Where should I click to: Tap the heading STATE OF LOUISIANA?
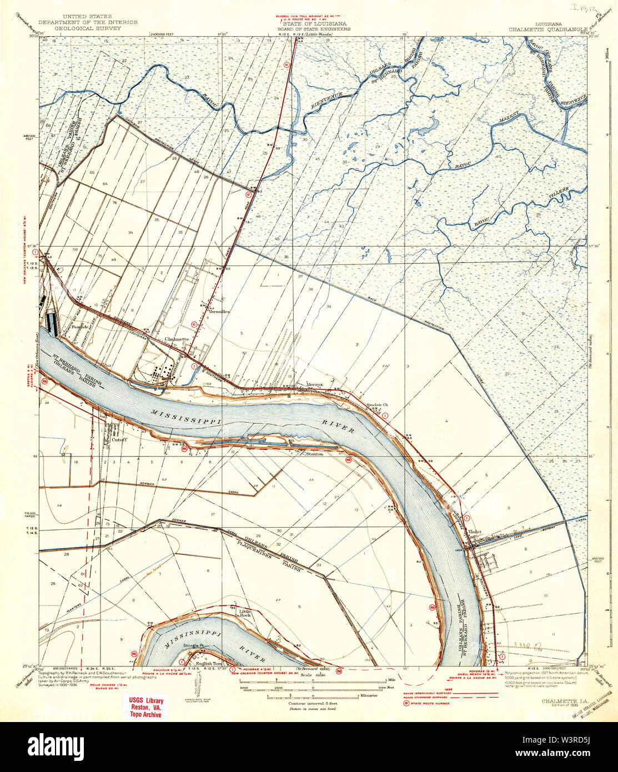(x=316, y=24)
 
